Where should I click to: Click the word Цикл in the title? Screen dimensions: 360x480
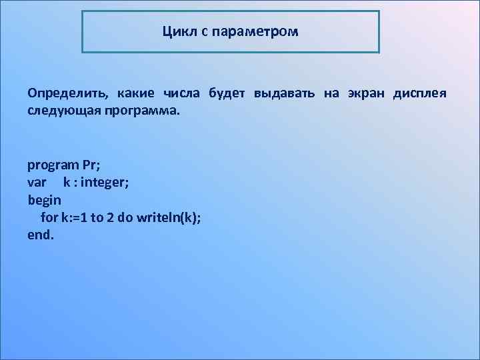point(177,31)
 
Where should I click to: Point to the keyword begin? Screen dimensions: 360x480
point(44,199)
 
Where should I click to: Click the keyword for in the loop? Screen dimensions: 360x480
point(49,217)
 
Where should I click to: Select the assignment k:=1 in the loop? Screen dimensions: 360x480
point(75,217)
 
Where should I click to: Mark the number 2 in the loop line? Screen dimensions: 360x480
point(110,217)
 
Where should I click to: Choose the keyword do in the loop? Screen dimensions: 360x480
point(125,217)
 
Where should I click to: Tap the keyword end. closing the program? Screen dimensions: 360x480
point(40,235)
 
